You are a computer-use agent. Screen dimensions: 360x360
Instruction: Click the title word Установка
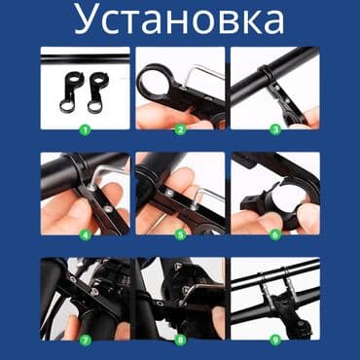point(180,21)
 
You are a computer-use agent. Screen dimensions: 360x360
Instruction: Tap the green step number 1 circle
point(84,127)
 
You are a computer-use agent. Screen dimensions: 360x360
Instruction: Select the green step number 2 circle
point(180,127)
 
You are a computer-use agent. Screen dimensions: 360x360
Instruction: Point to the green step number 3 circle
point(275,127)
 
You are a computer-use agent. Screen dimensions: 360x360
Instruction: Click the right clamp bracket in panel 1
point(98,91)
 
